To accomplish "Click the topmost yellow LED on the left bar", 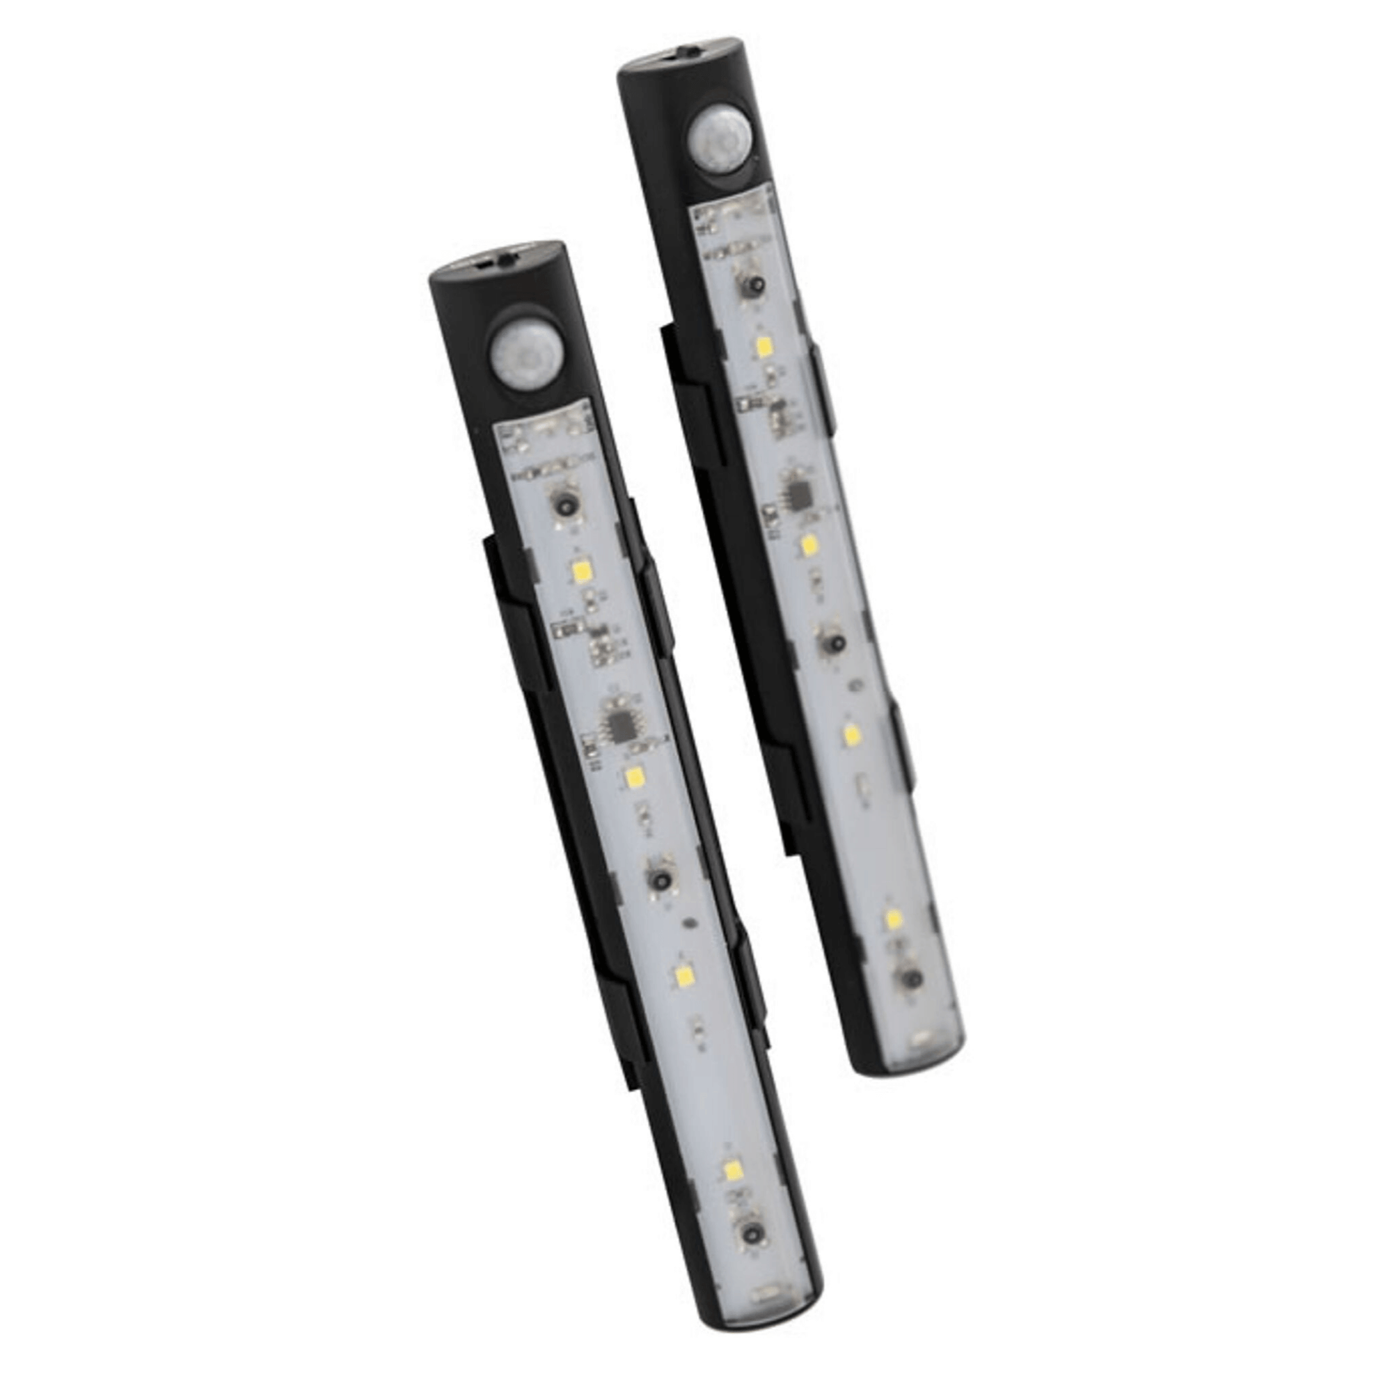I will [x=581, y=572].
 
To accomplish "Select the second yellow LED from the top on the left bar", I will [x=635, y=777].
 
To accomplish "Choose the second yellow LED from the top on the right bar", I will [x=807, y=544].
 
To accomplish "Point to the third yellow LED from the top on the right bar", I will [x=853, y=736].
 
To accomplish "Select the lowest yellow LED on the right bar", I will [x=894, y=919].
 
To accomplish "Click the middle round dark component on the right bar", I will [x=832, y=640].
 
